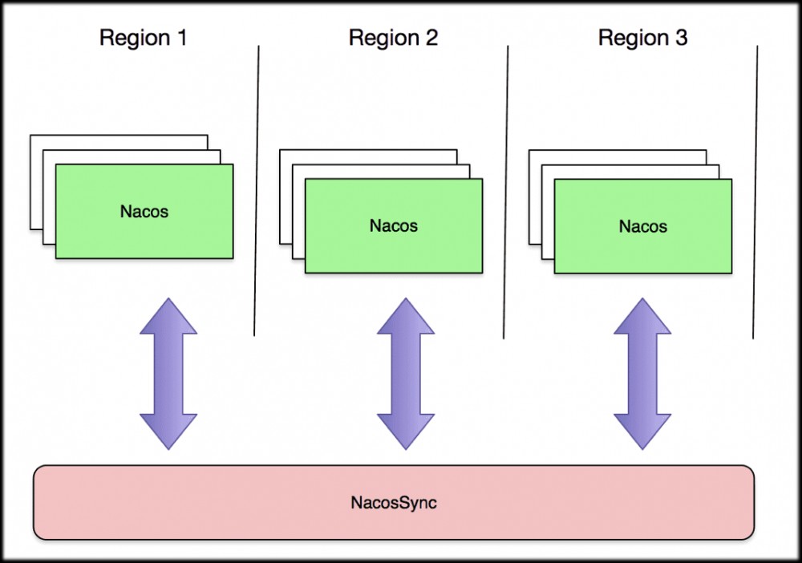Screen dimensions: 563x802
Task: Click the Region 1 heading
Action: coord(143,38)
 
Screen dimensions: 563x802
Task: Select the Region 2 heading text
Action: coord(393,38)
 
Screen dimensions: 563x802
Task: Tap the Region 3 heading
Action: coord(642,38)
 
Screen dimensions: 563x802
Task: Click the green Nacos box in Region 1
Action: coord(144,212)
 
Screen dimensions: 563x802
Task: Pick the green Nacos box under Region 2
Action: coord(394,226)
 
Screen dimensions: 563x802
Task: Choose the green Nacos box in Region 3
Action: coord(643,226)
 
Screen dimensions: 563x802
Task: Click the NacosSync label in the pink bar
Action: coord(394,504)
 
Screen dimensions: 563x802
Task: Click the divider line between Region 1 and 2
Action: coord(257,192)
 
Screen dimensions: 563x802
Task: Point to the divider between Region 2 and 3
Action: coord(506,192)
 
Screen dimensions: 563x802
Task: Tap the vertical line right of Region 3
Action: coord(755,192)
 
